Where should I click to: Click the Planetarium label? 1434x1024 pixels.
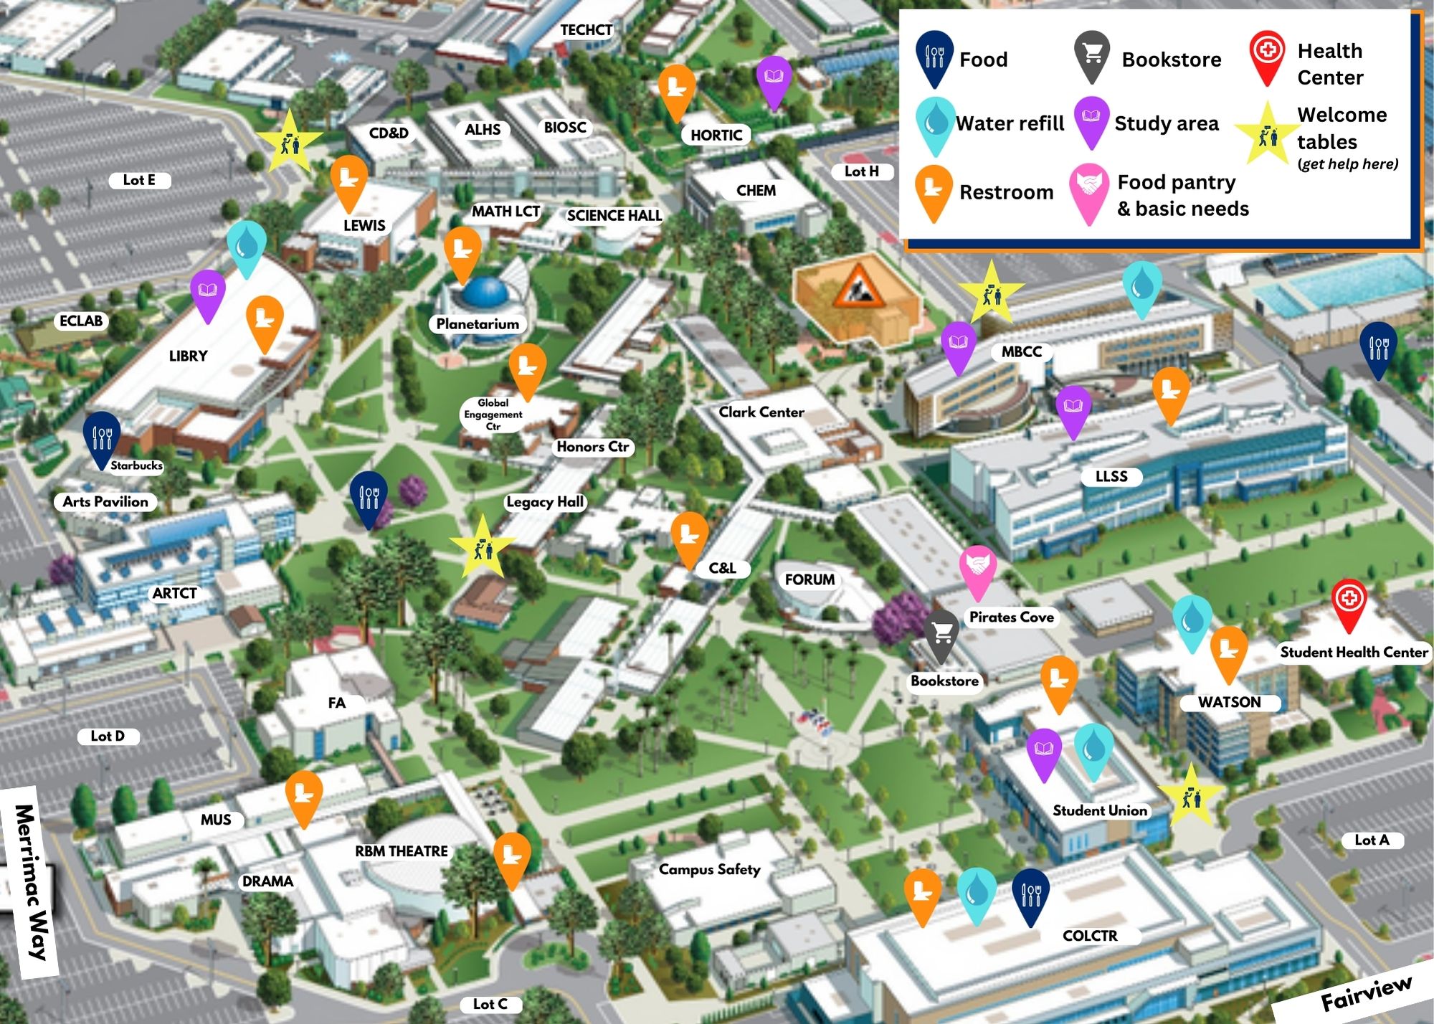tap(478, 324)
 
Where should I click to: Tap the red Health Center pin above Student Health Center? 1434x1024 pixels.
tap(1349, 600)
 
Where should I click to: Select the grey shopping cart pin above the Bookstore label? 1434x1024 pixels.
tap(941, 633)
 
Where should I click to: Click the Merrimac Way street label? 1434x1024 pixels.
tap(32, 882)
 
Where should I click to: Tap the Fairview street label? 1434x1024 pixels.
tap(1366, 993)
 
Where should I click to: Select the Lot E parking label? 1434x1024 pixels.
tap(139, 180)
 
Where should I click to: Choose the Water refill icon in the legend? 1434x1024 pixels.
tap(935, 123)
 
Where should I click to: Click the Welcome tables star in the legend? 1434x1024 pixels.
tap(1267, 134)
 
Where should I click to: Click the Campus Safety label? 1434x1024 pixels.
tap(709, 869)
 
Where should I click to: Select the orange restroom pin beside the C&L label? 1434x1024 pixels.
tap(689, 535)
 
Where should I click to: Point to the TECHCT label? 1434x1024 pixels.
tap(586, 30)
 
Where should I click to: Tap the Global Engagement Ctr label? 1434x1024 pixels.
tap(493, 414)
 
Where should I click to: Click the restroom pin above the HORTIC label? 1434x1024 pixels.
tap(676, 88)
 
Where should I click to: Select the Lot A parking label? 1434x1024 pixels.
tap(1371, 840)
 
